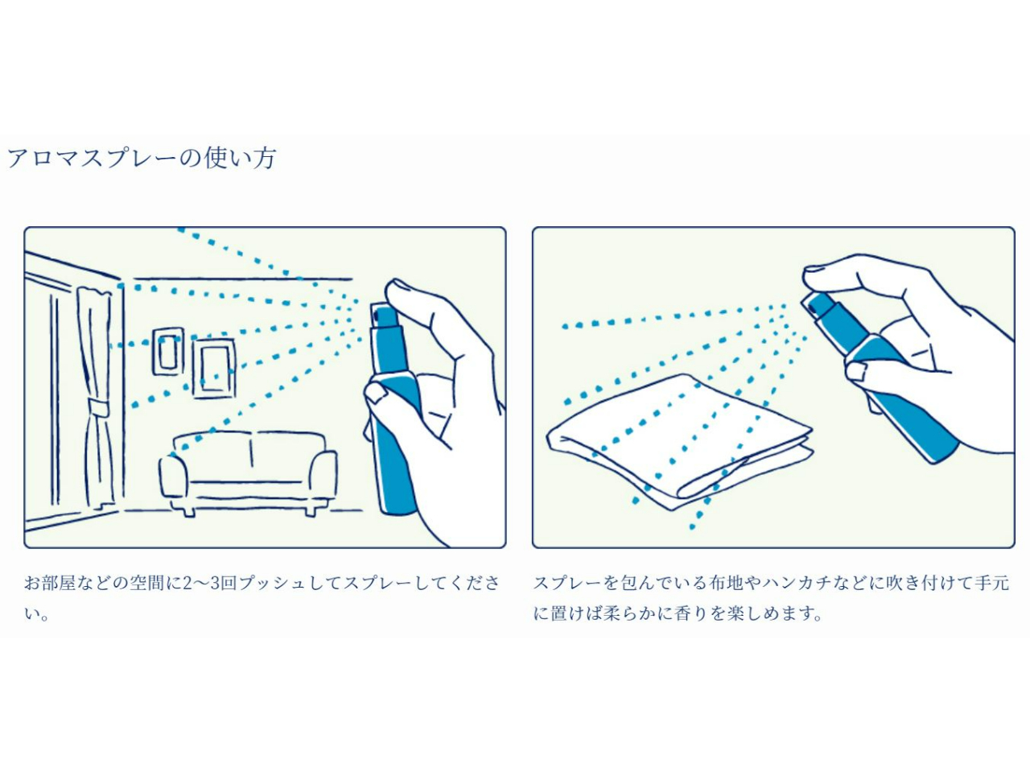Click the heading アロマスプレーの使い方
142,158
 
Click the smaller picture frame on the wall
168,351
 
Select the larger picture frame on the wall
213,368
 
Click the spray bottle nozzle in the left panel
384,316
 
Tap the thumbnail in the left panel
377,394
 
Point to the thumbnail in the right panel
856,371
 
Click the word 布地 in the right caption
725,583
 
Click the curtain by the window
94,394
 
